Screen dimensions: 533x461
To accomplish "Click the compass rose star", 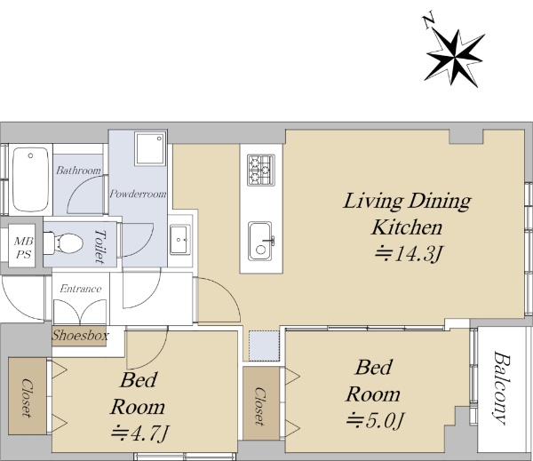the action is coord(454,58).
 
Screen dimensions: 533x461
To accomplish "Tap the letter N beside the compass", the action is coord(429,21).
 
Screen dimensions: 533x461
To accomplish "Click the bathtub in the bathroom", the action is coord(30,179).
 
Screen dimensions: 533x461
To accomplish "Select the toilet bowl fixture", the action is coord(64,243).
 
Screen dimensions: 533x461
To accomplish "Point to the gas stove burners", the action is coord(261,170).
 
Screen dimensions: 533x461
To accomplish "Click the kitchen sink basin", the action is coord(260,242).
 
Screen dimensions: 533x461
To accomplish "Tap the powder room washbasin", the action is coord(180,239).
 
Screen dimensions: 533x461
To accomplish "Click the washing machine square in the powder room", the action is coord(150,148).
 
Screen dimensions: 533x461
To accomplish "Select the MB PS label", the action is coord(24,247).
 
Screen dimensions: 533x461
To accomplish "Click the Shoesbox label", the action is coord(80,336).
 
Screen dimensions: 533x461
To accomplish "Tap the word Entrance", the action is coord(81,289).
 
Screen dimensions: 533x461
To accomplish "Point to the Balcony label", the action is coord(502,387).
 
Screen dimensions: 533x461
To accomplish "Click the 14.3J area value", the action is coord(409,254).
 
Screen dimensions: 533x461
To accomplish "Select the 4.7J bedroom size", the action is coord(140,433).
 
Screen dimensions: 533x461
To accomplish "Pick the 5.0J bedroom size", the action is coord(375,420).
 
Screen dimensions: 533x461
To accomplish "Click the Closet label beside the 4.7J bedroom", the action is coord(28,398).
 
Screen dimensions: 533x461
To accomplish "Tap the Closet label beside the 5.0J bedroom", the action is coord(260,406).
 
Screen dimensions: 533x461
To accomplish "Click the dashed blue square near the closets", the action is coord(264,346).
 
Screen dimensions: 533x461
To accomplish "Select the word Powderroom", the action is coord(138,194).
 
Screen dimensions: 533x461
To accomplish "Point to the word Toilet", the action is coord(100,246).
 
